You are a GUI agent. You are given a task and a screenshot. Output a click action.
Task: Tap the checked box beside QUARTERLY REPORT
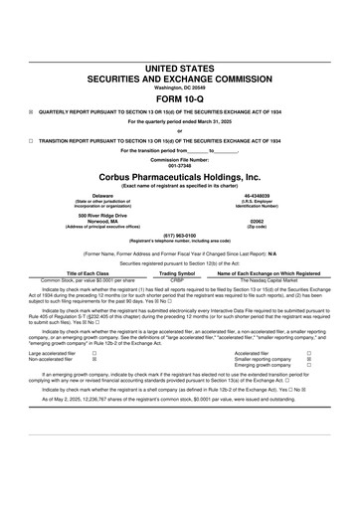tap(31, 113)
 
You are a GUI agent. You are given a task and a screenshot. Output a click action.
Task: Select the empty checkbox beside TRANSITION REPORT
tap(31, 140)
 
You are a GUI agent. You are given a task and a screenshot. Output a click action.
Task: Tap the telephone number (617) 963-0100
tap(179, 236)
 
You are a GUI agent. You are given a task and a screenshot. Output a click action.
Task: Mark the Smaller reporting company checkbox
tap(310, 359)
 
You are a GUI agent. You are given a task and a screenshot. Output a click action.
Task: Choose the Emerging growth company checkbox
tap(310, 366)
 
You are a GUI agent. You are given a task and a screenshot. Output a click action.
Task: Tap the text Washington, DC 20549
tap(179, 86)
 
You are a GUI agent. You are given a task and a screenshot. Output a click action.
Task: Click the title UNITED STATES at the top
tap(179, 66)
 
